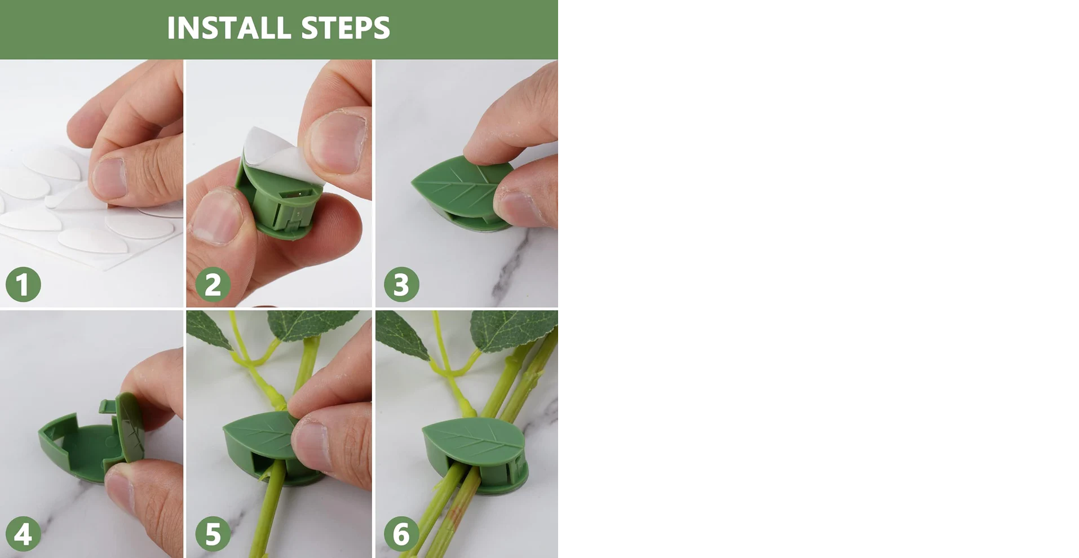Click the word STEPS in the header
click(345, 28)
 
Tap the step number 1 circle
click(23, 284)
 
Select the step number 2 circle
click(213, 284)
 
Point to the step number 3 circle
click(401, 284)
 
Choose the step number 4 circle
click(23, 534)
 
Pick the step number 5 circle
click(213, 534)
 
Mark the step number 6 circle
click(401, 534)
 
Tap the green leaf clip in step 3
click(462, 189)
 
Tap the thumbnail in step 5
click(310, 446)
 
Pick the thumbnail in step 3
click(521, 207)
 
